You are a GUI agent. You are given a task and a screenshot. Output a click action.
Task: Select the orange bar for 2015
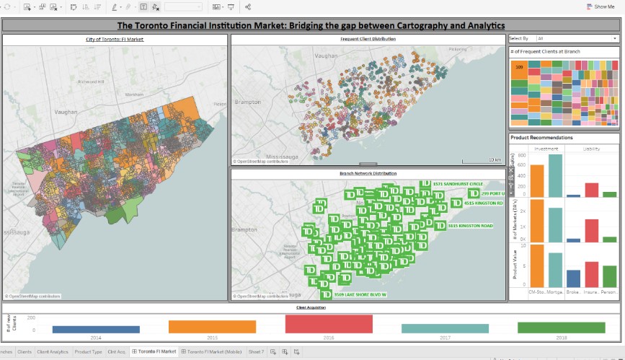pos(212,327)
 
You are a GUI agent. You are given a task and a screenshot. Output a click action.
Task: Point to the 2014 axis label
pos(96,337)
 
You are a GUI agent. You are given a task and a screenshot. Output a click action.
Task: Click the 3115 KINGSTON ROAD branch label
pos(470,226)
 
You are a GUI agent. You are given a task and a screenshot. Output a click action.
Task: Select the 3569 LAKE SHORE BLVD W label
pos(360,294)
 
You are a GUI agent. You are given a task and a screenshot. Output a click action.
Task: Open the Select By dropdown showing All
pos(576,38)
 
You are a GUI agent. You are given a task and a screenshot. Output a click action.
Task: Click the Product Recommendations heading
pos(541,137)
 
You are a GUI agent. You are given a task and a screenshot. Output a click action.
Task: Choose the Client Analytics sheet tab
pos(53,351)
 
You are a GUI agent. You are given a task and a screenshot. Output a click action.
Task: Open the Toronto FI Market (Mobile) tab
pos(215,351)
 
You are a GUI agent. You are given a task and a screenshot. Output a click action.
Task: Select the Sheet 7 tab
pos(256,351)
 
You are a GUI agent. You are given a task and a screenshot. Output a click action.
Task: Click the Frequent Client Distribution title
pos(368,39)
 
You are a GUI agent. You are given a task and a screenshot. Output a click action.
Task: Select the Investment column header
pos(546,149)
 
